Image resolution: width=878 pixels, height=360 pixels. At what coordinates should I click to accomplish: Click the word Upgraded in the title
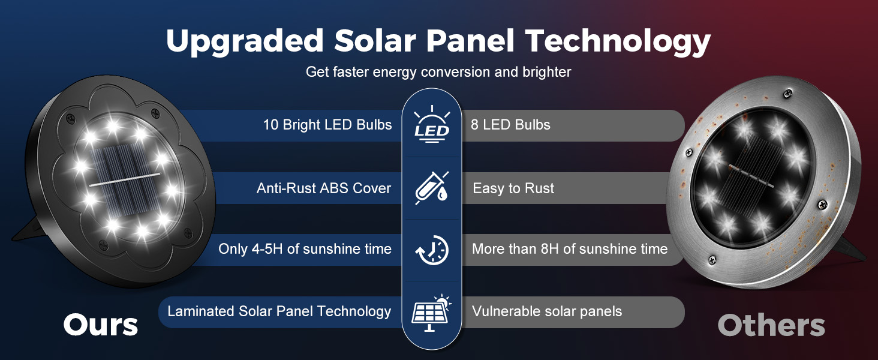point(245,41)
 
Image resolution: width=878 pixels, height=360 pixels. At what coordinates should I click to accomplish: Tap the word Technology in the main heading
point(618,41)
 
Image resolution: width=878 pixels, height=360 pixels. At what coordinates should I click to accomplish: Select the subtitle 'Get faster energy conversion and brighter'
point(438,72)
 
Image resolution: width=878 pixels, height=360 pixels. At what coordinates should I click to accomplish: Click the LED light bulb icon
point(432,124)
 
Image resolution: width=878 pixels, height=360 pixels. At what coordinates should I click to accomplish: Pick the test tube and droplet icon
point(432,188)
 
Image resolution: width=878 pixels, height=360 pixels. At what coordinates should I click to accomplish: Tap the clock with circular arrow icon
point(432,250)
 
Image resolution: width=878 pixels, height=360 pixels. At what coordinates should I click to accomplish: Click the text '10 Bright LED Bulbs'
point(327,125)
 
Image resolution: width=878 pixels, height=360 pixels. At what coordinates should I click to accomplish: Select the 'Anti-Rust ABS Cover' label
point(324,188)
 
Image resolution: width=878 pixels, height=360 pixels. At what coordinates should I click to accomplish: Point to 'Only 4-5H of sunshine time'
point(305,249)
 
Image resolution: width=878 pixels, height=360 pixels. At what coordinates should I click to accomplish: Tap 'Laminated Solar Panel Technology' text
point(279,311)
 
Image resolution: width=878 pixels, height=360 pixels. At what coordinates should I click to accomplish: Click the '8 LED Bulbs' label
point(510,125)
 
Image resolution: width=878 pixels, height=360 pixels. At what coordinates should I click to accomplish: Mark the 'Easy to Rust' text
point(513,188)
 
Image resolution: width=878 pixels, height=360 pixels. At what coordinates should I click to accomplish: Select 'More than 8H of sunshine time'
point(570,249)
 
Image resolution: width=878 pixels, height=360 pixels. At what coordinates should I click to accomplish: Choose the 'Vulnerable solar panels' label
point(547,311)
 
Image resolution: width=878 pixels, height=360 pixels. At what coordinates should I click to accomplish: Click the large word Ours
point(101,325)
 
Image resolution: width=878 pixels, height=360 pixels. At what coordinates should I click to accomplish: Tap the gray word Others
point(771,325)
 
